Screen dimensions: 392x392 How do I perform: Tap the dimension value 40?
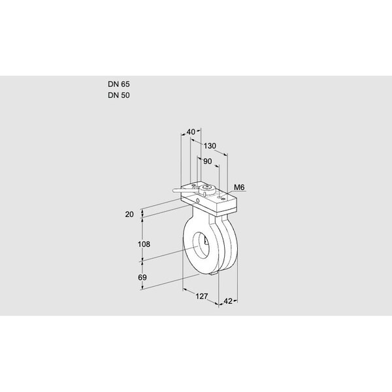click(x=191, y=132)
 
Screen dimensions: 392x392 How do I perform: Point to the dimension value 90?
click(x=208, y=161)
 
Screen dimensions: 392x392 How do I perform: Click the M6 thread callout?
click(x=239, y=188)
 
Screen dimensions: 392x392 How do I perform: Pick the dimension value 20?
click(x=129, y=214)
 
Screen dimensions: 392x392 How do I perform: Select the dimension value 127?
click(x=201, y=297)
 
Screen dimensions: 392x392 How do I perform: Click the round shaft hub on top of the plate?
click(x=207, y=189)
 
